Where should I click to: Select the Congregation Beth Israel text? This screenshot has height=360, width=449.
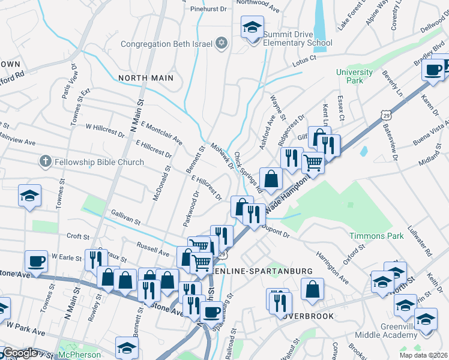pos(167,44)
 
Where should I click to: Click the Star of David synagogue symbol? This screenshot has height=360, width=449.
pos(221,44)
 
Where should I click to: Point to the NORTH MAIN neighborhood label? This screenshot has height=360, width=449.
pos(146,78)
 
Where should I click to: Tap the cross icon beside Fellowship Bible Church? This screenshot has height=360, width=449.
pos(45,161)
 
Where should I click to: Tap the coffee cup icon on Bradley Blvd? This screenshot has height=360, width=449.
pos(432,70)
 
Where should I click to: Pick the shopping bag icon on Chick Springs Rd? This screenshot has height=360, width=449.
pos(271,178)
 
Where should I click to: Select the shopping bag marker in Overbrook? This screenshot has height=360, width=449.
pos(313,289)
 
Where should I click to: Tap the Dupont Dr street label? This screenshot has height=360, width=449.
pos(277,234)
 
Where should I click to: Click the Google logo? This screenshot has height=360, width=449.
pos(21,353)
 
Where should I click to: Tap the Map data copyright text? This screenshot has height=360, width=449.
pos(426,355)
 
